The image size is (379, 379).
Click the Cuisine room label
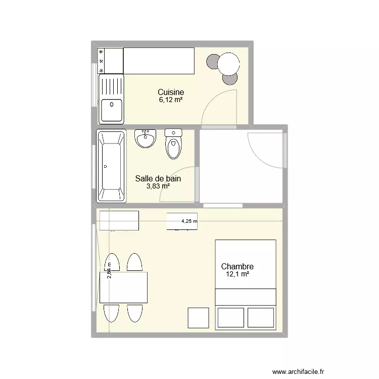[x=171, y=92]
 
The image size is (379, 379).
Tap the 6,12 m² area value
[x=171, y=100]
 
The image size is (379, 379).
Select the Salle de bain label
[x=158, y=178]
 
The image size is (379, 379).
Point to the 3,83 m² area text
[x=158, y=186]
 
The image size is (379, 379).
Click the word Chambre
[x=238, y=266]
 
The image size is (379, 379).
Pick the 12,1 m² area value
[x=238, y=274]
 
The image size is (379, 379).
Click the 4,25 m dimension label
[x=189, y=221]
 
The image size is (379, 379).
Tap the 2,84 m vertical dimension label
[x=109, y=271]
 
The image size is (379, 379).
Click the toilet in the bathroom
[x=173, y=144]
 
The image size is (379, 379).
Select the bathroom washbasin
[x=145, y=138]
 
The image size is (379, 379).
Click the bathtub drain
[x=105, y=167]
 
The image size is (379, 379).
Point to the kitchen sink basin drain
[x=112, y=105]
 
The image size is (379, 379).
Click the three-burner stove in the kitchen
[x=111, y=61]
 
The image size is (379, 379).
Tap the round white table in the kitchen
[x=228, y=64]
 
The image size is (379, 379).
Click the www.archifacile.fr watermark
[x=298, y=372]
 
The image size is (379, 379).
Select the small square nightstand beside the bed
[x=199, y=318]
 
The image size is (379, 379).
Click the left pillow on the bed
[x=230, y=317]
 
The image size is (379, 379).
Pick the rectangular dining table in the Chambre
[x=123, y=288]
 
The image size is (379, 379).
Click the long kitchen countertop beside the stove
[x=159, y=61]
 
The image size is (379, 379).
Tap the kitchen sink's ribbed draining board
[x=112, y=86]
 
